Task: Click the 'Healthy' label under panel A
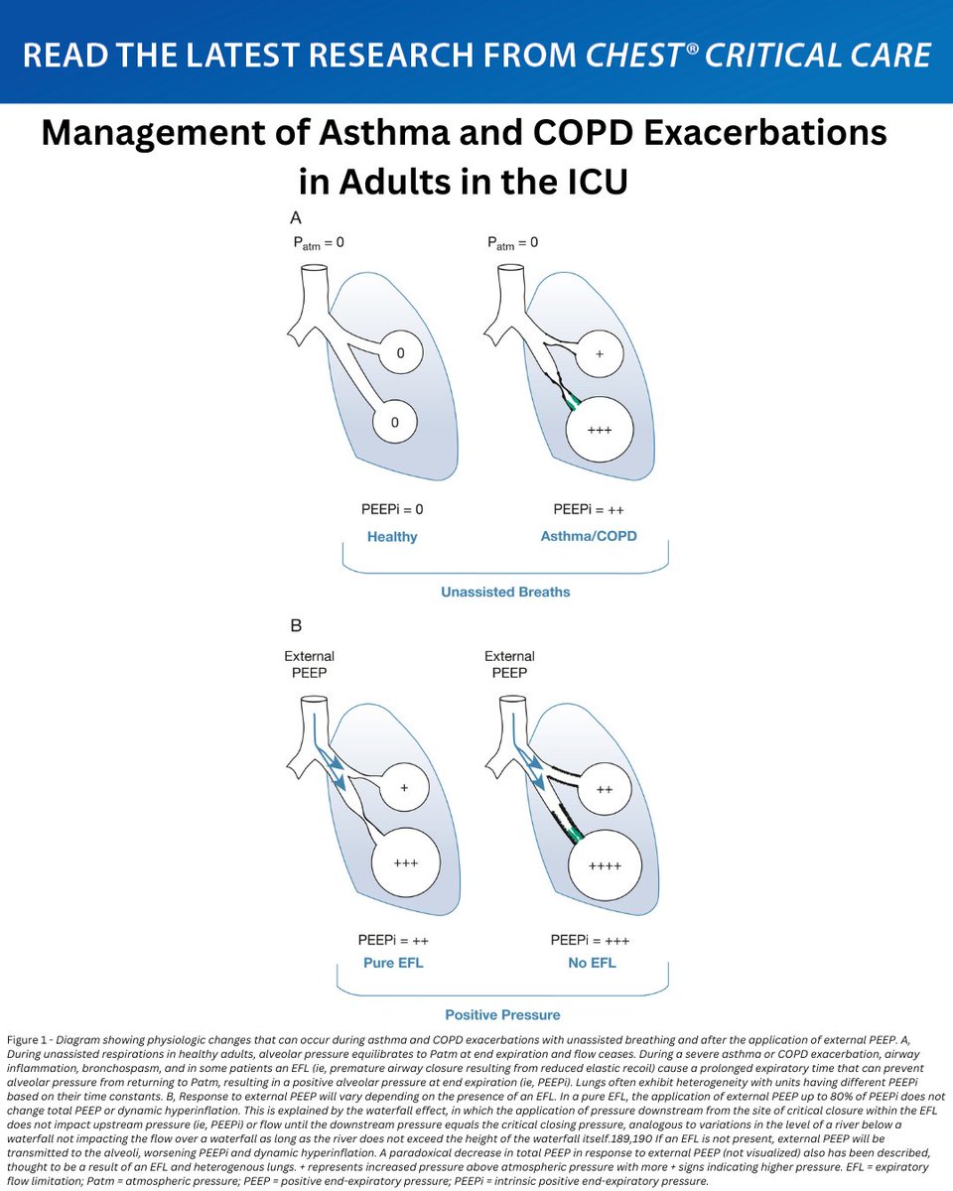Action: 392,537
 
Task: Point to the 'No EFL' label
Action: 591,962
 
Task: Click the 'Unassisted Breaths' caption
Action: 505,593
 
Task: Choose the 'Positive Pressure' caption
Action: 501,1015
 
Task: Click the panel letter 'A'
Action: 295,217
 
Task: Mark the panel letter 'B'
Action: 295,627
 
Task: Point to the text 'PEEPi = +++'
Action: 591,939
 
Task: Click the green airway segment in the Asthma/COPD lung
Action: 572,403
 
